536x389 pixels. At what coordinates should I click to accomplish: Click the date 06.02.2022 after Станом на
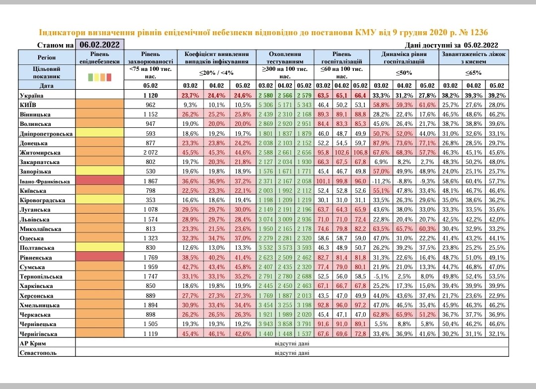point(99,45)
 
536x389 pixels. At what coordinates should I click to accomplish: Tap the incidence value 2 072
point(150,153)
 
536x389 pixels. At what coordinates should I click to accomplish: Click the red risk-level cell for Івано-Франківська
point(99,181)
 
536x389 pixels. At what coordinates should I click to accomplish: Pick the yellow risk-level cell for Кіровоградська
point(99,200)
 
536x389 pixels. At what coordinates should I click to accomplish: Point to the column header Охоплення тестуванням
point(285,57)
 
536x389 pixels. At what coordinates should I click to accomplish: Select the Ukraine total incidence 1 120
point(150,96)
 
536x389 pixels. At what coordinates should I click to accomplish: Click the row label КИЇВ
point(29,105)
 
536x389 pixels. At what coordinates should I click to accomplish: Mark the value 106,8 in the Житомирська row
point(360,153)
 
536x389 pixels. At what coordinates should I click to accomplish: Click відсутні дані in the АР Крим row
point(292,343)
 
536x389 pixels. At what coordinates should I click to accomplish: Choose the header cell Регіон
point(46,57)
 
